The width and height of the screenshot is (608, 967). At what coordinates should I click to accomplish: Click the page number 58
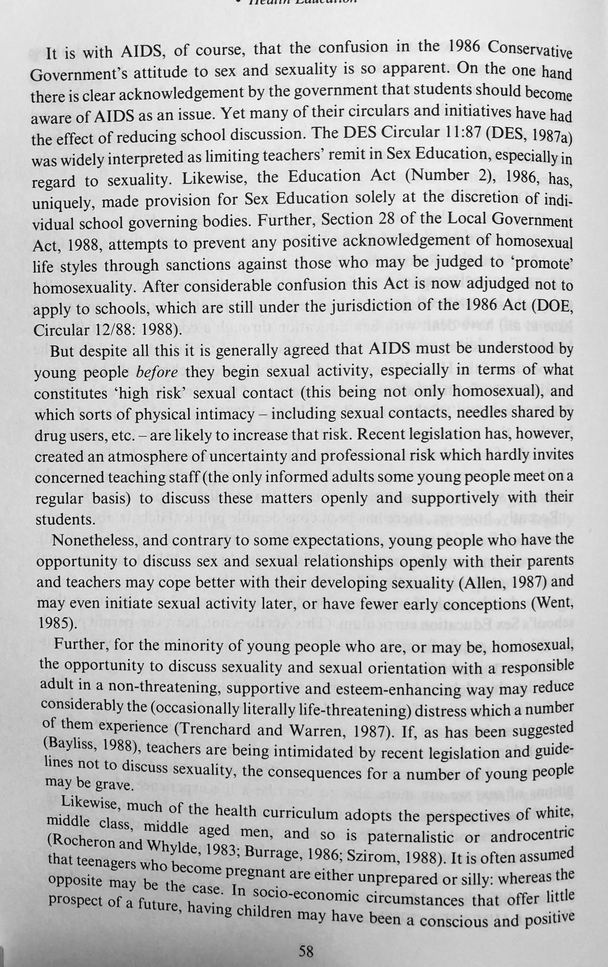306,951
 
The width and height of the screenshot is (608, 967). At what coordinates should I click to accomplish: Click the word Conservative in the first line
529,49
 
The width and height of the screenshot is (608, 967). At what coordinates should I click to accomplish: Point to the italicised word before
157,373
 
